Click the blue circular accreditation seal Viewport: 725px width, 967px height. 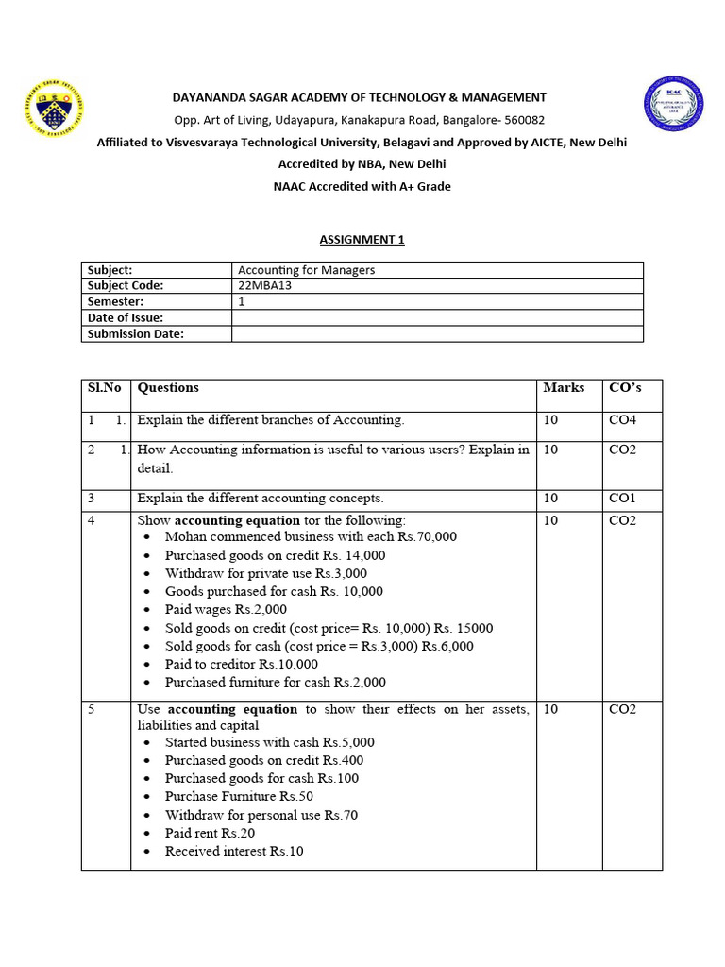point(673,106)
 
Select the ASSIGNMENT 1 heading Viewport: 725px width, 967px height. point(362,239)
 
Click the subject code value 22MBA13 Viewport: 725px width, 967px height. point(267,285)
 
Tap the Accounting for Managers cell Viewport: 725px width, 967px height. point(306,270)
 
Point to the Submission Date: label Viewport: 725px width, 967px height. point(136,333)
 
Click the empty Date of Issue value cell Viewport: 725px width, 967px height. point(437,317)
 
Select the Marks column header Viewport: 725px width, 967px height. point(564,387)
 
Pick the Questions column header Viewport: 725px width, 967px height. point(168,387)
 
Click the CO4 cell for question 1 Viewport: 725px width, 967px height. point(623,420)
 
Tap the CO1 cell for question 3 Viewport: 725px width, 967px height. point(623,498)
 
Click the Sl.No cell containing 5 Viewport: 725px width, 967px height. point(92,709)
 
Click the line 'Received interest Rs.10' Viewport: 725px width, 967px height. point(234,851)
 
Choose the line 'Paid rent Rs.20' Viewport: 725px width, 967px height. point(210,833)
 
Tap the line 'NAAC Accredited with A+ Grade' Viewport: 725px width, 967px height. point(362,186)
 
